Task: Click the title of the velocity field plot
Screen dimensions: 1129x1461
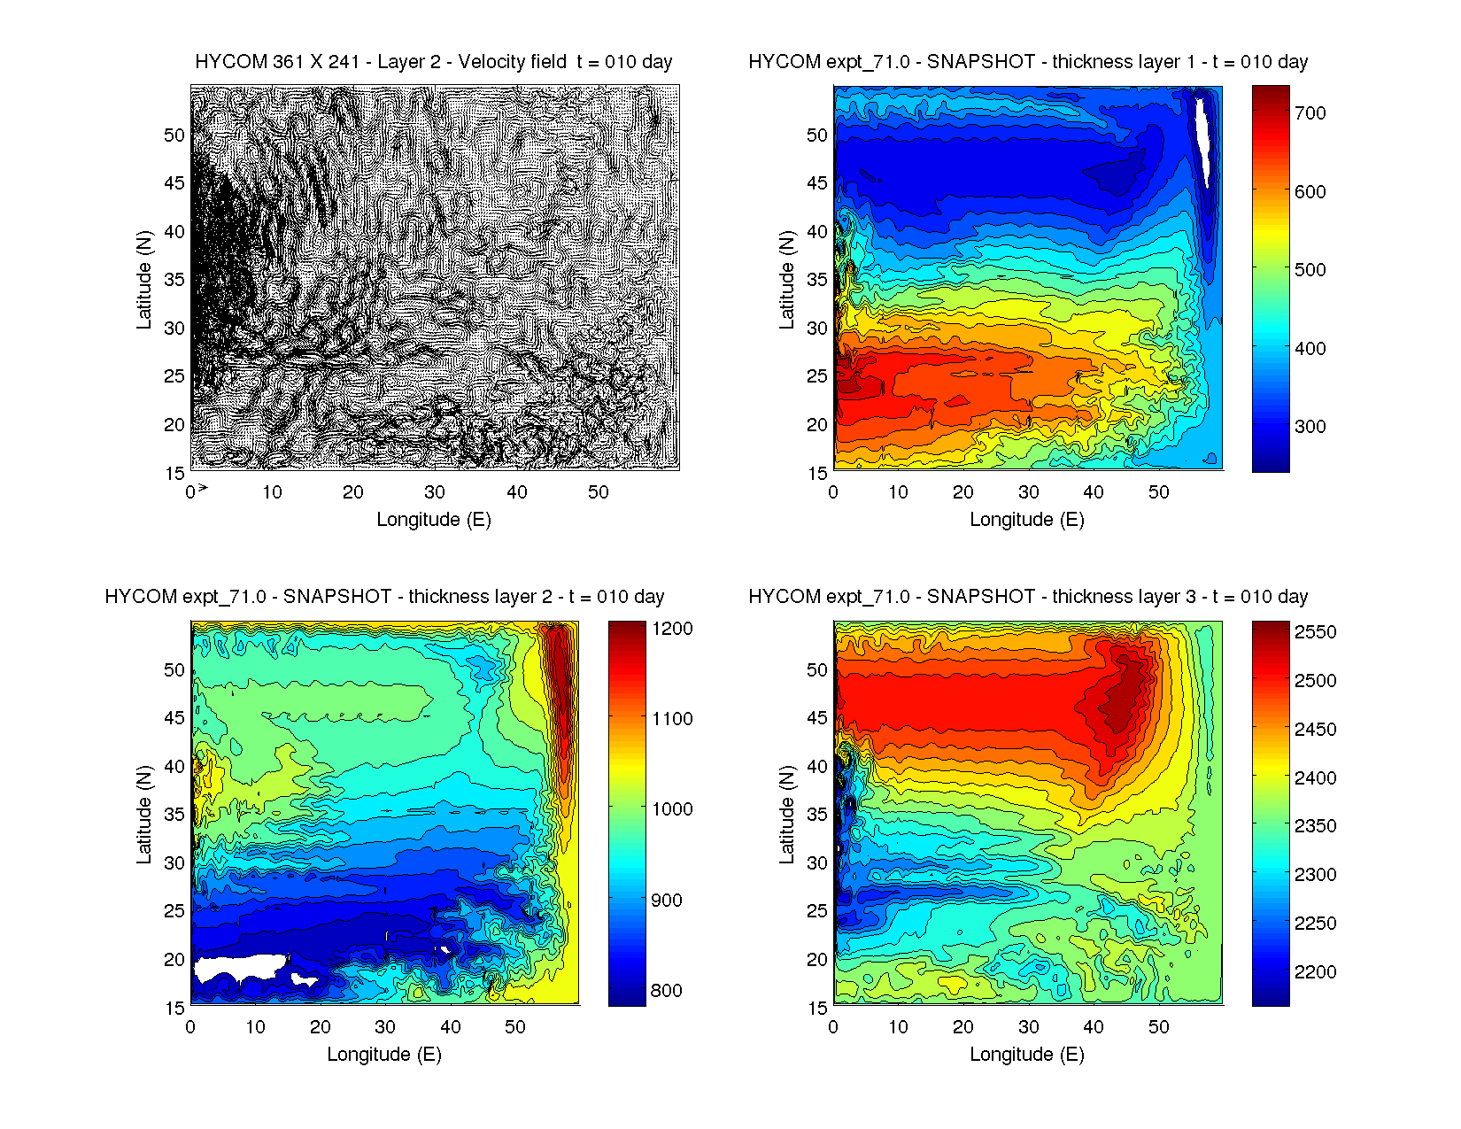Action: coord(433,62)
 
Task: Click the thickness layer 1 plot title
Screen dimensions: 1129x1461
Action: coord(1028,62)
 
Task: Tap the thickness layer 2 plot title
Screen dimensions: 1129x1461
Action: coord(384,597)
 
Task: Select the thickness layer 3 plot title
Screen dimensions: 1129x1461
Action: coord(1028,597)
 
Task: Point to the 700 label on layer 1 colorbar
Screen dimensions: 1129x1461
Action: coord(1310,113)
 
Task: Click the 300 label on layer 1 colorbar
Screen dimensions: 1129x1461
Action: coord(1310,427)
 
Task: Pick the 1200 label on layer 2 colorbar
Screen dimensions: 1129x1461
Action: coord(672,629)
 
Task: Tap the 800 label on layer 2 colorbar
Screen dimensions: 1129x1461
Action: coord(666,991)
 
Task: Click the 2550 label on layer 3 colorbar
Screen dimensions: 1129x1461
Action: coord(1315,632)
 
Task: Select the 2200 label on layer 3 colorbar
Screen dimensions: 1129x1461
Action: coord(1315,972)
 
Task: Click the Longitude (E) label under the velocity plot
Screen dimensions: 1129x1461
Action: coord(433,520)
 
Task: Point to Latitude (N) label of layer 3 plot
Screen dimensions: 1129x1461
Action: coord(786,815)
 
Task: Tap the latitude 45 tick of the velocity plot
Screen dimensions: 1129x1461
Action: coord(174,183)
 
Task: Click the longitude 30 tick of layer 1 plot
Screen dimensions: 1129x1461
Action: coord(1028,492)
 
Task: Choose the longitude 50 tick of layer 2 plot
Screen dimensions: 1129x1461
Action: coord(515,1027)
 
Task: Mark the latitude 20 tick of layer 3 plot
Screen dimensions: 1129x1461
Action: coord(816,960)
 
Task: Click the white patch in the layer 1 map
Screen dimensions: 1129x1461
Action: coord(1203,137)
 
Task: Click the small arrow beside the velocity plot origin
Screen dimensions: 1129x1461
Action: coord(203,487)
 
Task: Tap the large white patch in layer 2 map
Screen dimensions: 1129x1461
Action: coord(237,966)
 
